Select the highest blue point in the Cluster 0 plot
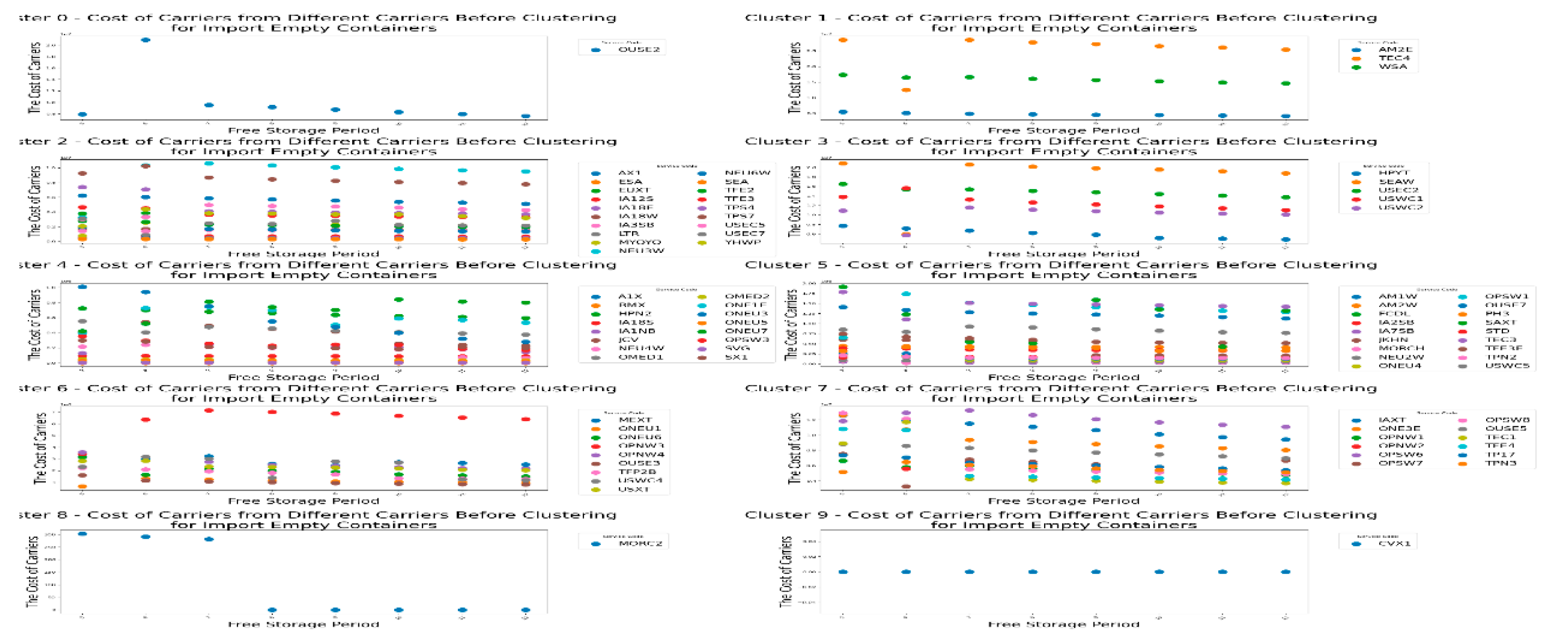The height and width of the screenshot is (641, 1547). click(145, 40)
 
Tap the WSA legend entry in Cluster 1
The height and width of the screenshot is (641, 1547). click(1392, 67)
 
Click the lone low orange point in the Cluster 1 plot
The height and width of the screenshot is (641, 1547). click(906, 90)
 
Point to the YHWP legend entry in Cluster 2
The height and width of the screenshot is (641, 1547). click(742, 242)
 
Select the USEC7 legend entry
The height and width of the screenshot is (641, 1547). click(744, 233)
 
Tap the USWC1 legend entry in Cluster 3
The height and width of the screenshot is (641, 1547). click(1400, 199)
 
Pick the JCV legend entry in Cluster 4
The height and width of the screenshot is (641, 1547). click(628, 340)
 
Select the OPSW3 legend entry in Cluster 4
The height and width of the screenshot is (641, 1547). click(746, 340)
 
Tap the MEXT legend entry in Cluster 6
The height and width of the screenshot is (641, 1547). click(634, 420)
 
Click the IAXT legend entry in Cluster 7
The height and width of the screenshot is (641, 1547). click(1392, 420)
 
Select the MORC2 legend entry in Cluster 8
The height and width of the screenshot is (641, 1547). click(640, 544)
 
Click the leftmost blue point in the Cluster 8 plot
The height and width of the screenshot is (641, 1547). click(82, 534)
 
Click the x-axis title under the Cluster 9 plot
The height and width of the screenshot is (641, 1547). click(1063, 625)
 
